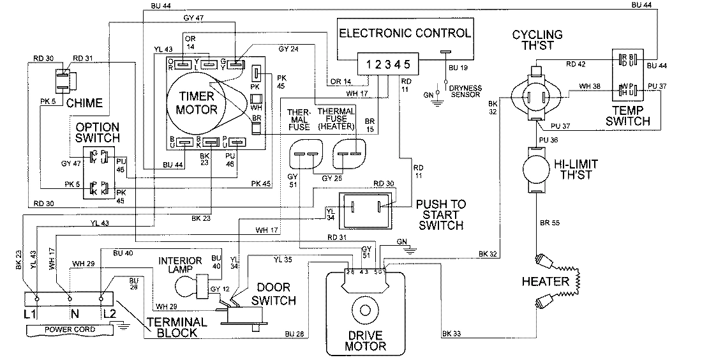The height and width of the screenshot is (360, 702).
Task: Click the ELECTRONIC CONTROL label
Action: pos(406,33)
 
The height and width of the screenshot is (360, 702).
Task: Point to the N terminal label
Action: pos(73,315)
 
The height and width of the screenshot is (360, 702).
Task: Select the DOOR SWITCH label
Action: pos(273,294)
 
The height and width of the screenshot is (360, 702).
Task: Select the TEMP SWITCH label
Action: pos(629,115)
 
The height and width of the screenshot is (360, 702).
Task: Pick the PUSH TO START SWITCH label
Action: pos(440,214)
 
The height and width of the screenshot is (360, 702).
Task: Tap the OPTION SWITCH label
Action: pos(97,132)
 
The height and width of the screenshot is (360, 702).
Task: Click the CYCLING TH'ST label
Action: pos(537,40)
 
